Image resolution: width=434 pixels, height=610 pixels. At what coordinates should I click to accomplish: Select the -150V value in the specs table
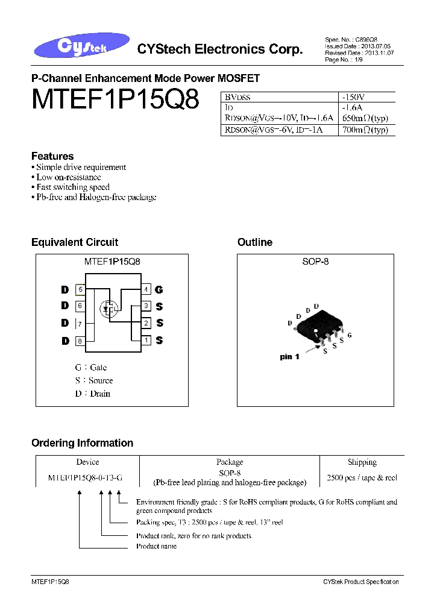353,96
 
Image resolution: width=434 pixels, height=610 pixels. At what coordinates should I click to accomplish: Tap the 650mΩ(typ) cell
364,119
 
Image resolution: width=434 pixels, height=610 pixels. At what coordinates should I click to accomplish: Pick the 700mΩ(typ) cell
364,130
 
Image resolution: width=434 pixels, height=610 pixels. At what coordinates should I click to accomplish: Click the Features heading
52,156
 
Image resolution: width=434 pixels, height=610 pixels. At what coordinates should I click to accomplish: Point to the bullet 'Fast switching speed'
72,187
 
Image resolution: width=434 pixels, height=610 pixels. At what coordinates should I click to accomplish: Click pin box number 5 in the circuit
80,289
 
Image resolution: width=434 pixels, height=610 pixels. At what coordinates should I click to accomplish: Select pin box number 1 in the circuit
146,341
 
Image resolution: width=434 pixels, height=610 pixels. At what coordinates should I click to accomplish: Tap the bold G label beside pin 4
159,290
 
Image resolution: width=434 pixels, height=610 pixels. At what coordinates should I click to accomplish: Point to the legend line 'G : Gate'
90,367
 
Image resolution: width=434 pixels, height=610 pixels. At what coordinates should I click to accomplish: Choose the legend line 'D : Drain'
92,394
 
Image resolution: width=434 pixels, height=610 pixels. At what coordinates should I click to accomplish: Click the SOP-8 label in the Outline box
315,262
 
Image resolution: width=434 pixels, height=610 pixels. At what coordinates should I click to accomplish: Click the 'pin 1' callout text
290,357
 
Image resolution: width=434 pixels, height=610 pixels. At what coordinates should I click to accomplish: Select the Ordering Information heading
82,443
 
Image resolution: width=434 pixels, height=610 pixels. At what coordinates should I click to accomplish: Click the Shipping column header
362,462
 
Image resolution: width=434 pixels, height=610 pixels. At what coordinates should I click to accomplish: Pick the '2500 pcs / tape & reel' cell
362,477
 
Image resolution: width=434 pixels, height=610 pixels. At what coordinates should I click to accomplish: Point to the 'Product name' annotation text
156,546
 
